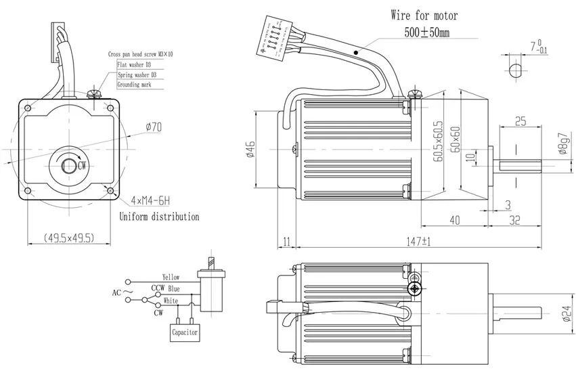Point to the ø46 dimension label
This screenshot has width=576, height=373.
(x=250, y=150)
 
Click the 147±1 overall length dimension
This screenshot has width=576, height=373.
(x=419, y=241)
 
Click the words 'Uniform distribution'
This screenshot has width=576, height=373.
(x=159, y=217)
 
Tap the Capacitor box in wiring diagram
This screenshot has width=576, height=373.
(x=183, y=333)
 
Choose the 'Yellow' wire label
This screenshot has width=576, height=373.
(x=171, y=278)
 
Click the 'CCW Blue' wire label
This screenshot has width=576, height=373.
(x=165, y=289)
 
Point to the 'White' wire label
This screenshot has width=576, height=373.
(x=171, y=301)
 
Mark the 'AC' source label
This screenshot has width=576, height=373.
(x=116, y=293)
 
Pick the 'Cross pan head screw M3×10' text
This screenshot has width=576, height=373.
(x=141, y=55)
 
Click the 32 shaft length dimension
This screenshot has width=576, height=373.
(x=514, y=219)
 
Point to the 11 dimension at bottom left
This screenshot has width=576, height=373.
(x=286, y=241)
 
